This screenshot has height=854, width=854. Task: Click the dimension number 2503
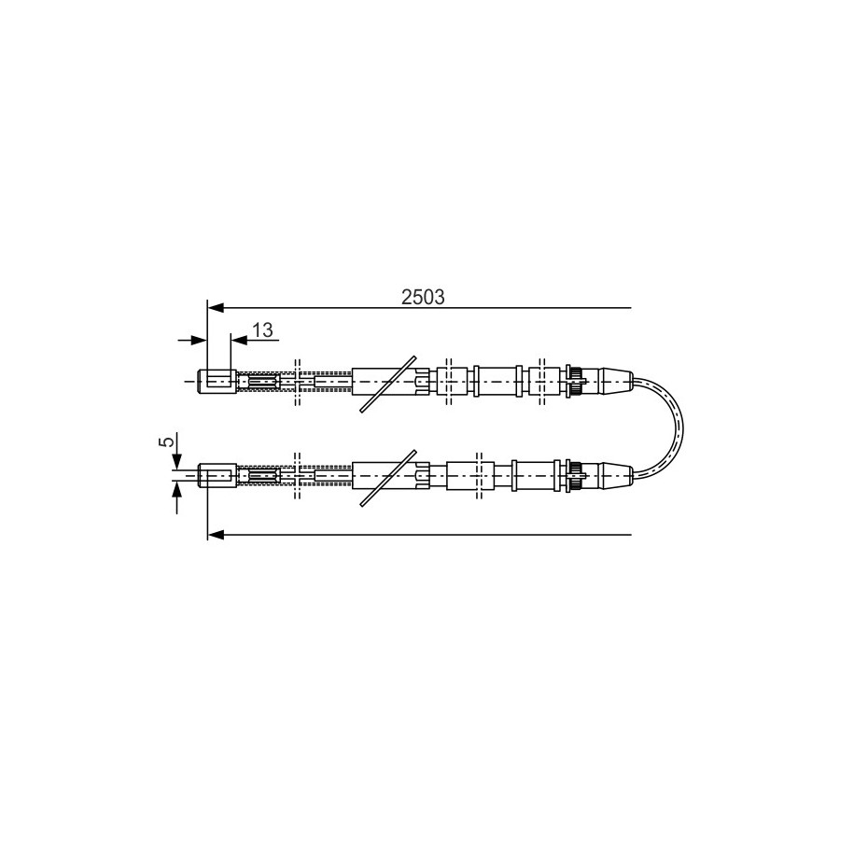pyautogui.click(x=423, y=298)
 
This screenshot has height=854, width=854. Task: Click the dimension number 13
pyautogui.click(x=262, y=329)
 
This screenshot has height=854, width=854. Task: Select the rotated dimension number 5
pyautogui.click(x=169, y=441)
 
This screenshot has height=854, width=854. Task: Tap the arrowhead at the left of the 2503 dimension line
pyautogui.click(x=216, y=308)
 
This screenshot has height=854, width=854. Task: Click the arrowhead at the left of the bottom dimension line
pyautogui.click(x=216, y=535)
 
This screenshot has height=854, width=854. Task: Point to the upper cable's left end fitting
pyautogui.click(x=217, y=381)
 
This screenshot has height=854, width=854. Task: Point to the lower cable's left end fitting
pyautogui.click(x=217, y=475)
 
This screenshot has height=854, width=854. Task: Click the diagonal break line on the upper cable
pyautogui.click(x=387, y=384)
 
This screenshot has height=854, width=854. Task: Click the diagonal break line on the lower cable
pyautogui.click(x=387, y=478)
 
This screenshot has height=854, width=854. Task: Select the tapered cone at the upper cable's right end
pyautogui.click(x=615, y=381)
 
